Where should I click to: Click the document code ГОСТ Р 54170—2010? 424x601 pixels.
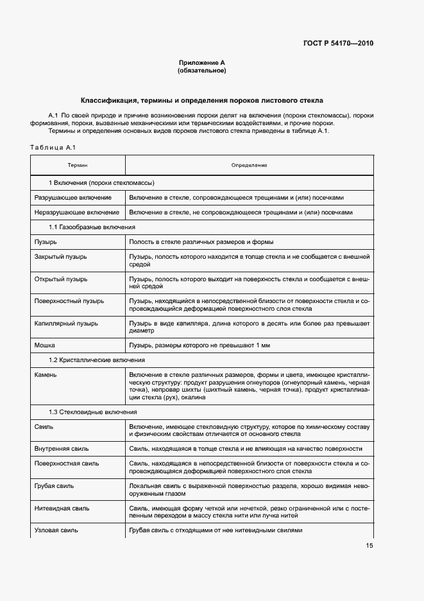pos(337,44)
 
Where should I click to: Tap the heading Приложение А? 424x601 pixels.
pos(201,63)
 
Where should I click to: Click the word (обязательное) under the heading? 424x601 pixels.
pos(201,71)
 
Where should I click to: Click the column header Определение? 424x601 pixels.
pos(249,166)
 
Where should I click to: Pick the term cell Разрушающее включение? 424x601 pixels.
pos(72,197)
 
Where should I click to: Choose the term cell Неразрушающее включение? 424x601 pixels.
pos(76,212)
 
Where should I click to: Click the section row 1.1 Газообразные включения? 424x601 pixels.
pos(92,227)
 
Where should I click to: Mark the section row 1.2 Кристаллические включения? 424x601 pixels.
pos(97,360)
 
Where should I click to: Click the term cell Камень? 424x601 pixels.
pos(46,374)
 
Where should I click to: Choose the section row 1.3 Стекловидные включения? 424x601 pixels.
pos(93,412)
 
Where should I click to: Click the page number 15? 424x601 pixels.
pos(369,546)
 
